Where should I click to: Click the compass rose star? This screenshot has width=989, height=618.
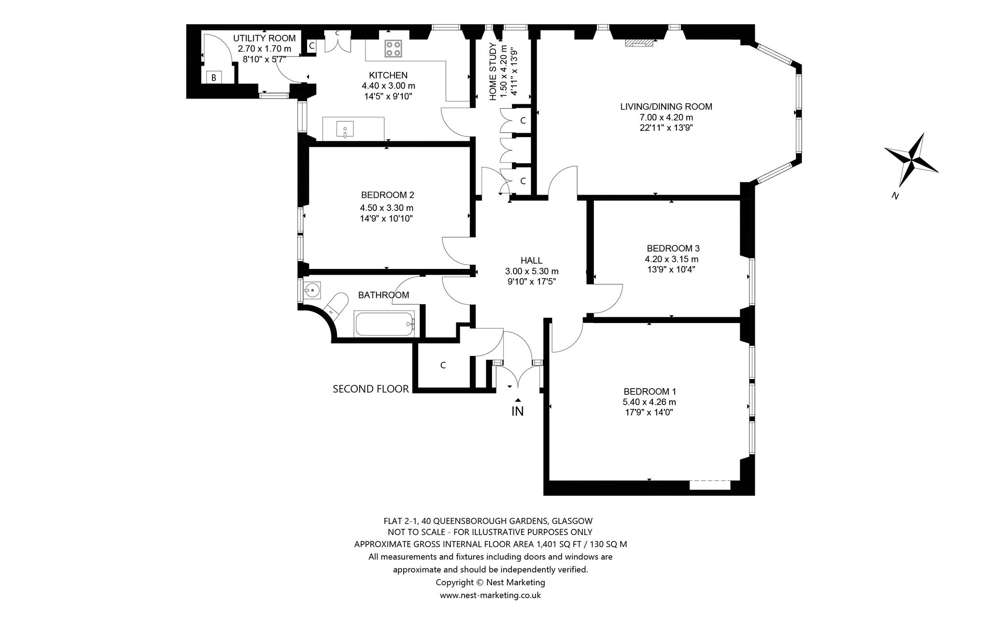pos(911,160)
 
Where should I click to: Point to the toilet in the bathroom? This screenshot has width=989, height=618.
pos(336,304)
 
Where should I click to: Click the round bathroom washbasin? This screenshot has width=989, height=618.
pos(312,291)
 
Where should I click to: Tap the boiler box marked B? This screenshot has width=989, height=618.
pos(213,77)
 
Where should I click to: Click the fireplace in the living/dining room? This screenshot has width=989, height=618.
pos(639,43)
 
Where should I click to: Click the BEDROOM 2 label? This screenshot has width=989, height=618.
pos(387,195)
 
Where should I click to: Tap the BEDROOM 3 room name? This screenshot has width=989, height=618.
pos(673,248)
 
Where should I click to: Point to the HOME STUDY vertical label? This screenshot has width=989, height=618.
pos(493,71)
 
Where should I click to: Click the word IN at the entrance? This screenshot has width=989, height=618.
pos(518,411)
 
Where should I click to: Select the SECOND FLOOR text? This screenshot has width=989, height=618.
pos(371,389)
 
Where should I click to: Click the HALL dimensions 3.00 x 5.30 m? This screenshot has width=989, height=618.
pos(532,271)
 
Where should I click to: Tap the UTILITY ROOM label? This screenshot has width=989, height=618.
pos(264,38)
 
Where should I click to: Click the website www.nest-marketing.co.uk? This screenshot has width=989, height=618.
pos(490,595)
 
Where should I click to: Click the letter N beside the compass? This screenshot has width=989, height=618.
pos(895,196)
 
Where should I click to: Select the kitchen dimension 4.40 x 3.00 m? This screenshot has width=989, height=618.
pos(388,86)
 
